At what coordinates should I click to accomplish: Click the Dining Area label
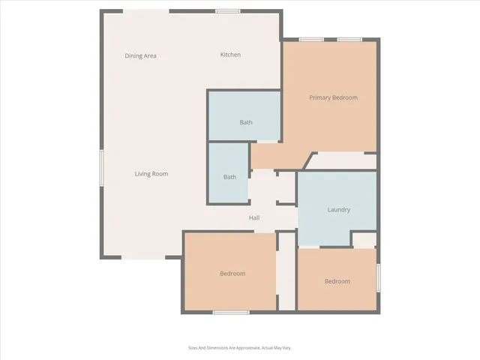tap(140, 55)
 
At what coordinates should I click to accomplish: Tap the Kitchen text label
tap(230, 55)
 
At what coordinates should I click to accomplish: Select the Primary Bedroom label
tap(334, 97)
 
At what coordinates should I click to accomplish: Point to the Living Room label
tap(151, 174)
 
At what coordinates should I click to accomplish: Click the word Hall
tap(254, 218)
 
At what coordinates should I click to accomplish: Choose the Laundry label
tap(339, 210)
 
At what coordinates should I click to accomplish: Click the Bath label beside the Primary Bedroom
tap(246, 122)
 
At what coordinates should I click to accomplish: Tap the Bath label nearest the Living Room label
tap(229, 177)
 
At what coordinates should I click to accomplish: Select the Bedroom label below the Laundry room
tap(337, 281)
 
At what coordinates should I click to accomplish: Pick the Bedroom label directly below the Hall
tap(232, 274)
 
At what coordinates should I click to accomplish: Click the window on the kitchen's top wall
tap(227, 11)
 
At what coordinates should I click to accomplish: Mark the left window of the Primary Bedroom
tap(311, 39)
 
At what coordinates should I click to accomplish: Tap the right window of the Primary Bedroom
tap(349, 39)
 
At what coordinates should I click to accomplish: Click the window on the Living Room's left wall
tap(101, 166)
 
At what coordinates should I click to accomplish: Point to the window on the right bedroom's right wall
tap(378, 277)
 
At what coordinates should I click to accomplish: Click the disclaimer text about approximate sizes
tap(240, 347)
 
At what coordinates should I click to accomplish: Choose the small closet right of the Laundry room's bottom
tap(364, 239)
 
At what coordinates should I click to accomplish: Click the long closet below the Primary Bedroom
tap(343, 161)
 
